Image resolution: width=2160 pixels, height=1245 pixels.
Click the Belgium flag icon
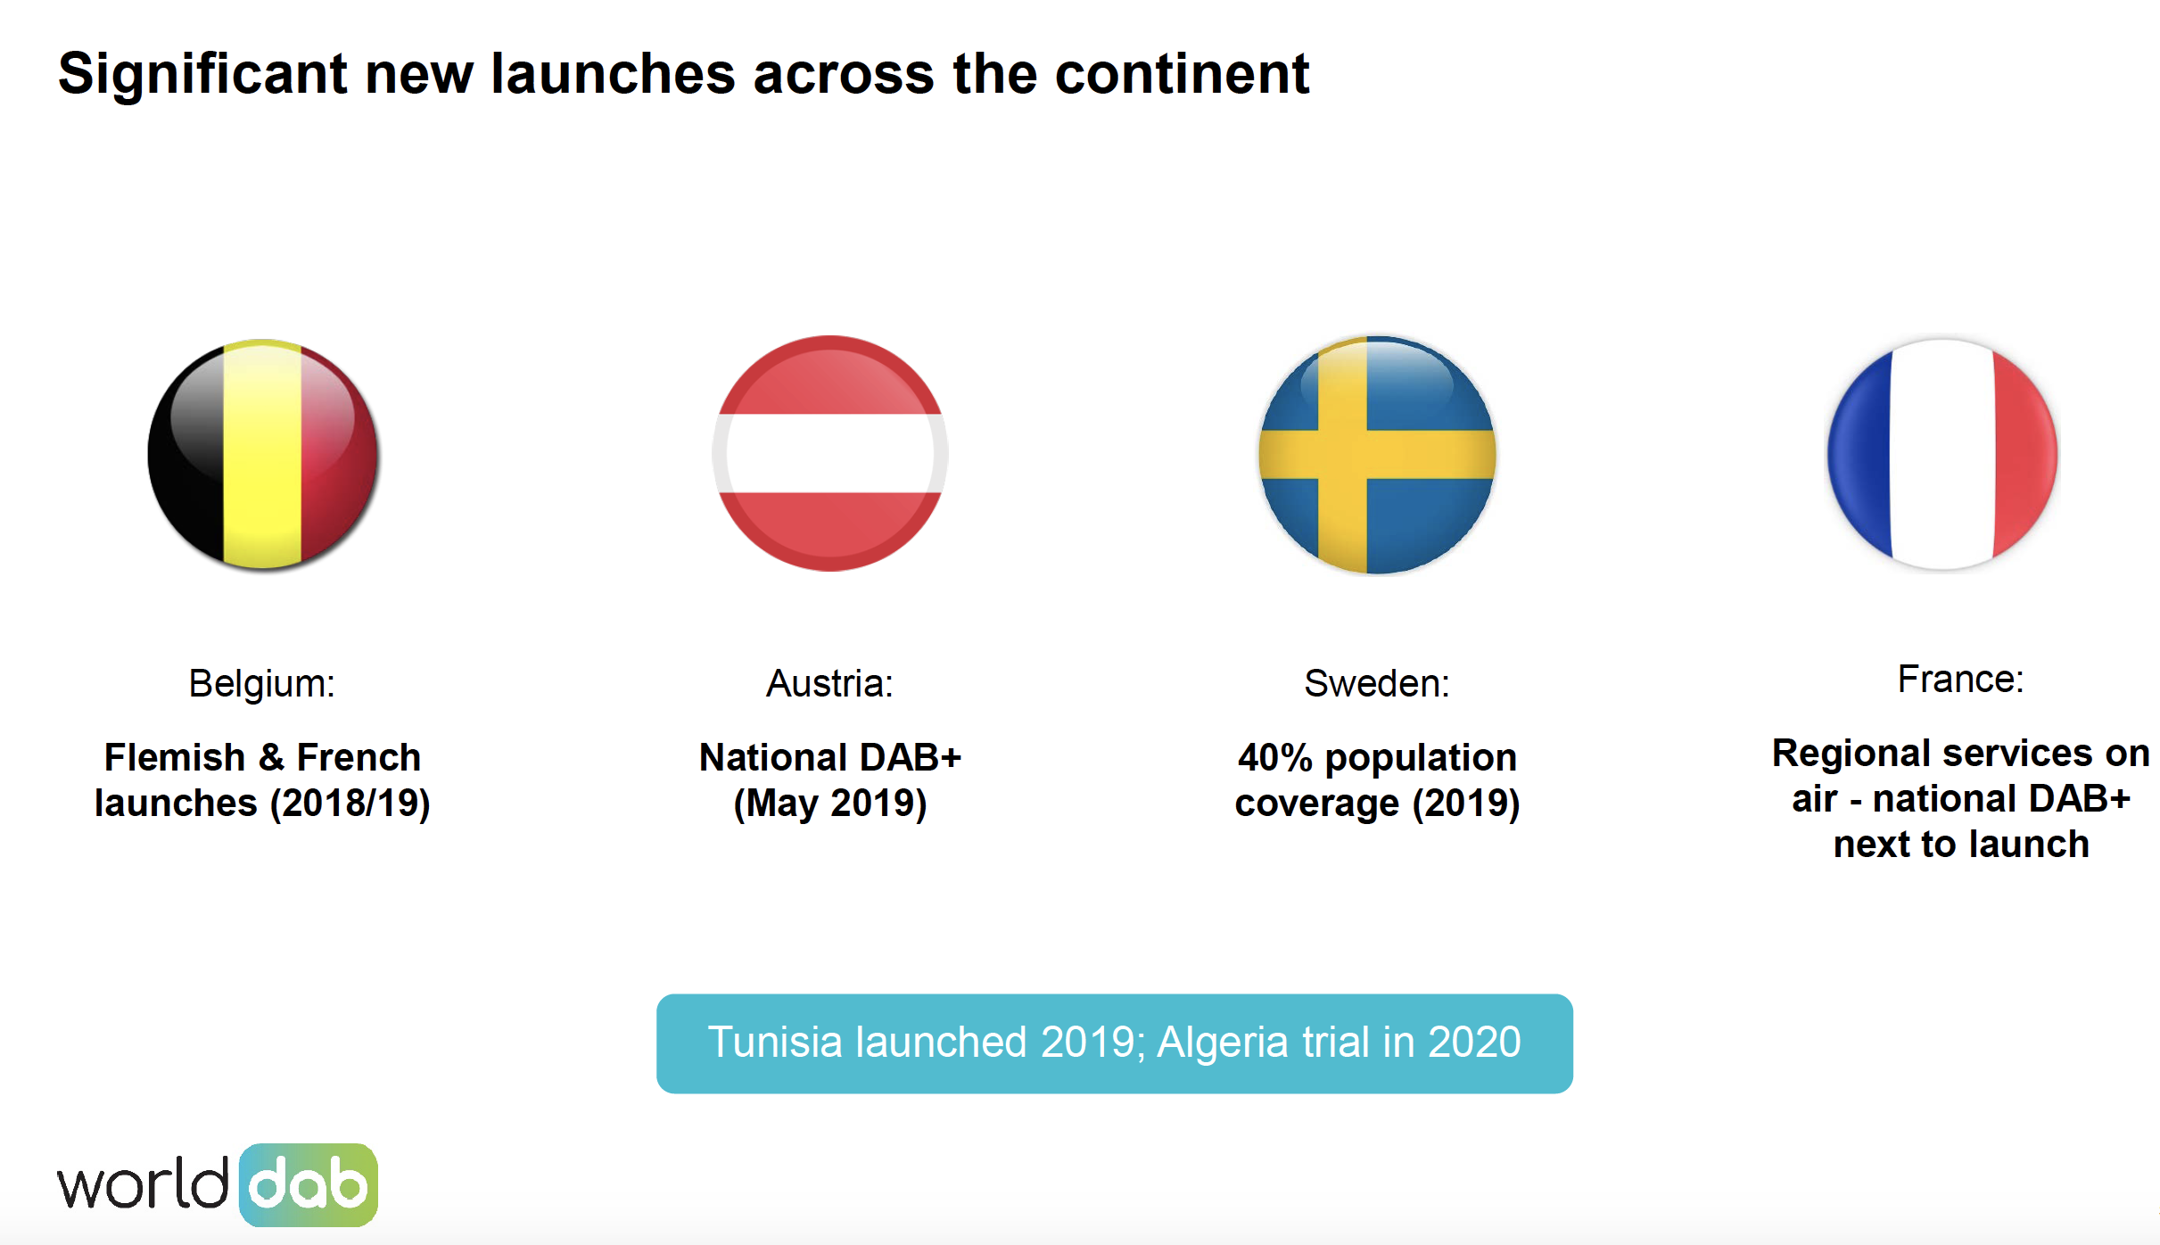coord(263,454)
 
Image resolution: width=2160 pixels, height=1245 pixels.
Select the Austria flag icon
coord(829,454)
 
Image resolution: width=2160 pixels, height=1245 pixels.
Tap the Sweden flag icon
coord(1377,454)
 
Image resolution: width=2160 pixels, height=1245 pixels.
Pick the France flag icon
coord(1942,454)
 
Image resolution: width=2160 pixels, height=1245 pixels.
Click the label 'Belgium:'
coord(261,684)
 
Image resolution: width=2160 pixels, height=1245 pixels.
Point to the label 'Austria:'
coord(829,684)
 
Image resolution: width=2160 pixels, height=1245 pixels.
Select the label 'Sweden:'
coord(1377,684)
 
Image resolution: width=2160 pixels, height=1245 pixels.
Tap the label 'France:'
coord(1960,680)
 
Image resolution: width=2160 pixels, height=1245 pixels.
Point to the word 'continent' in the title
coord(1182,73)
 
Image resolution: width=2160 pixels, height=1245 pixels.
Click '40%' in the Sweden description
coord(1274,758)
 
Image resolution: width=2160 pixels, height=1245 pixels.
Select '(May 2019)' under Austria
coord(829,804)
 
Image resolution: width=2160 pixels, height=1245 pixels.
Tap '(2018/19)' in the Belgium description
coord(350,804)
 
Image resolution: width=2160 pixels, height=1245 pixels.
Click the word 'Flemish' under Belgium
coord(175,758)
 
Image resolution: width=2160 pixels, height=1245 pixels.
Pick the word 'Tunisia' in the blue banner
coord(775,1042)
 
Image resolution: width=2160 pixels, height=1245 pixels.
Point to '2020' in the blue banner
coord(1474,1042)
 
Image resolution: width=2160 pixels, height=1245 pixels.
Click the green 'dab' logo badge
coord(309,1185)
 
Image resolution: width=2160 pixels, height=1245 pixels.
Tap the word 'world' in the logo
coord(143,1185)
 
